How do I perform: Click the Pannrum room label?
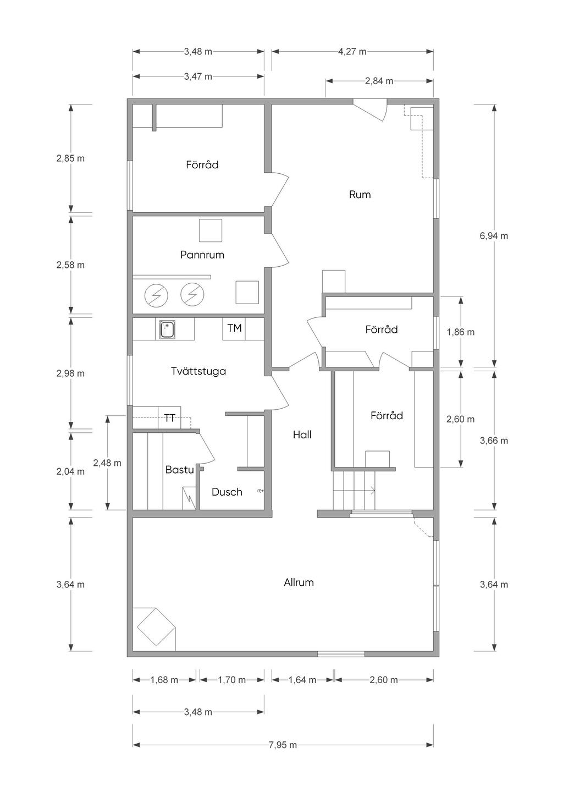(202, 255)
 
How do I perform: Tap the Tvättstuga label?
(198, 371)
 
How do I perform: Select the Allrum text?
(299, 582)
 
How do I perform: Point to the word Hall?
(302, 435)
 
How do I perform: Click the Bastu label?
(180, 470)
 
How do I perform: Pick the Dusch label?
(227, 492)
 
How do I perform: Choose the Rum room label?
(360, 195)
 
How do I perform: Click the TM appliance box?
(234, 328)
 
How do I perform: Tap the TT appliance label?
(170, 417)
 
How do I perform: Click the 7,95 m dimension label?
(283, 745)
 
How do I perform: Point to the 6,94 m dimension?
(494, 235)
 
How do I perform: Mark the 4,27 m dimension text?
(352, 52)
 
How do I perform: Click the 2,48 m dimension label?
(107, 463)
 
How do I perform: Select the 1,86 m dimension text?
(461, 332)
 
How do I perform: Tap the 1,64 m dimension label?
(302, 680)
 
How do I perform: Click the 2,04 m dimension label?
(70, 471)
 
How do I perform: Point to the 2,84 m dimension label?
(379, 81)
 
